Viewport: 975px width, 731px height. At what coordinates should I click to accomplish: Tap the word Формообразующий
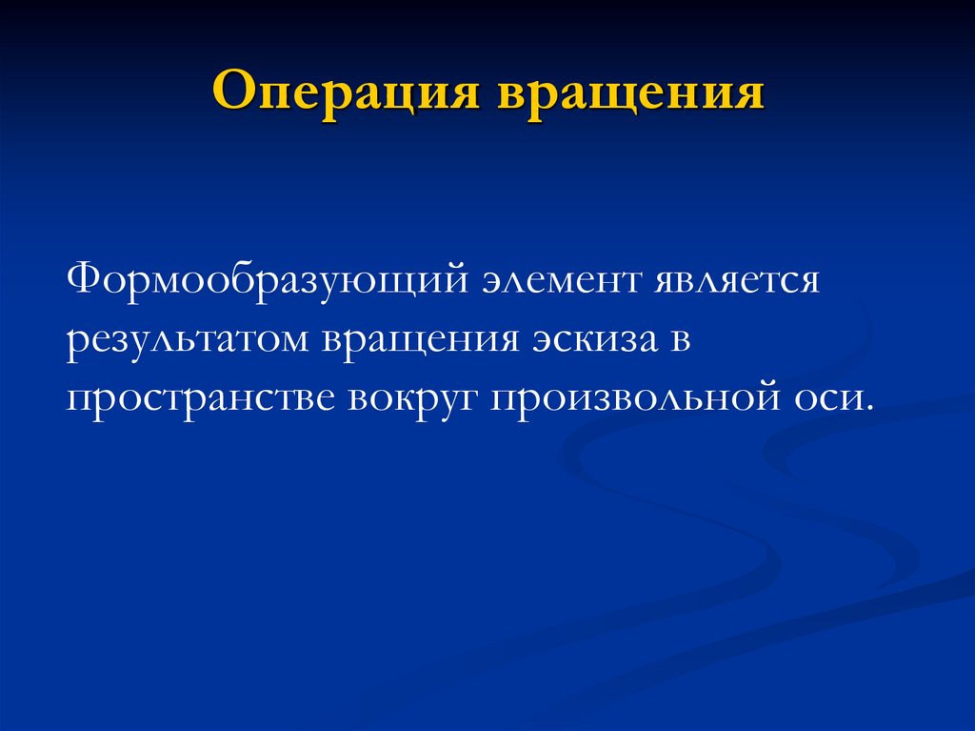(x=266, y=282)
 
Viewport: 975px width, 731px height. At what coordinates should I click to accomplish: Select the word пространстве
(x=202, y=393)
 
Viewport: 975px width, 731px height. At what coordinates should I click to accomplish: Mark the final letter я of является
(x=808, y=283)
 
